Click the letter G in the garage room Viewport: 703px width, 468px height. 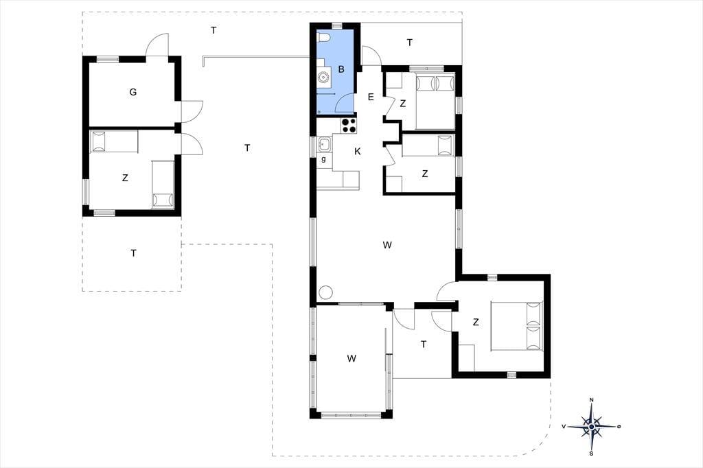click(132, 93)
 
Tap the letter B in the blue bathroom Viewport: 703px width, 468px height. click(341, 69)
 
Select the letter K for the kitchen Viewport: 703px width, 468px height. click(357, 152)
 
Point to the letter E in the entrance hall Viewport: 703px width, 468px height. click(371, 97)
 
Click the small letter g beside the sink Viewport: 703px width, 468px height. click(323, 159)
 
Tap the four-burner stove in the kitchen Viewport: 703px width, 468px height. click(349, 125)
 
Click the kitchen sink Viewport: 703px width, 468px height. click(324, 144)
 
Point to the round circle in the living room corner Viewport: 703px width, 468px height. click(325, 293)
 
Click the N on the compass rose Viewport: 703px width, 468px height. click(591, 400)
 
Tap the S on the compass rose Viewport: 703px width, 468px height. click(591, 453)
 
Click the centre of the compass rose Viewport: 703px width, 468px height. click(591, 426)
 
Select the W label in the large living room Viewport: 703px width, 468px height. click(387, 245)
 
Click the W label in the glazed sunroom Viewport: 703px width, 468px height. click(351, 358)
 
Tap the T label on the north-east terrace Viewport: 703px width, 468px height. click(409, 43)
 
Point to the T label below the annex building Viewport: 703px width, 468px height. click(133, 253)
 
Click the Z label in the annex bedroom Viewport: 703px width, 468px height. click(125, 178)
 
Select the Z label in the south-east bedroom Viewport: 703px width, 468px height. click(476, 322)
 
